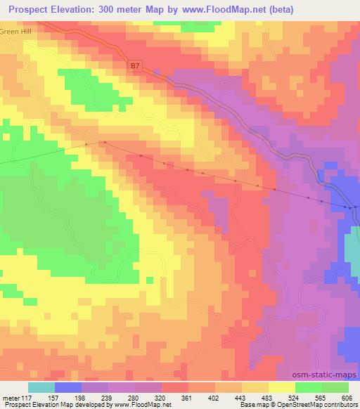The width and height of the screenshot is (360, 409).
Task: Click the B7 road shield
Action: pyautogui.click(x=135, y=65)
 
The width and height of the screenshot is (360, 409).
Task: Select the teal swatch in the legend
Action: pyautogui.click(x=41, y=387)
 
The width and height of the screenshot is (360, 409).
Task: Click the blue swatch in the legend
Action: pyautogui.click(x=68, y=387)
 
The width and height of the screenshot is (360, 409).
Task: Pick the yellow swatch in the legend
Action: pyautogui.click(x=282, y=387)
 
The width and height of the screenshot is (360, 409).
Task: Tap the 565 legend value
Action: pyautogui.click(x=319, y=398)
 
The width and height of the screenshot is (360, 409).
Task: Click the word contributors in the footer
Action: pyautogui.click(x=342, y=405)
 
